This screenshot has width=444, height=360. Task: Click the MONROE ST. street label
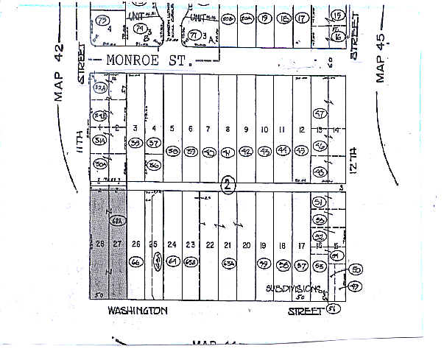click(147, 62)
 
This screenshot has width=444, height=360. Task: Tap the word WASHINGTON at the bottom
click(137, 311)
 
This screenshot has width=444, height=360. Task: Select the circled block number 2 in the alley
click(229, 186)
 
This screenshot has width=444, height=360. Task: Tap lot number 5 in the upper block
click(172, 130)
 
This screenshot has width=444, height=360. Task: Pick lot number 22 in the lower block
click(210, 244)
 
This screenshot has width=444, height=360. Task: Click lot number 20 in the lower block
click(247, 244)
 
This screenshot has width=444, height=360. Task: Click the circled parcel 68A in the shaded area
click(116, 220)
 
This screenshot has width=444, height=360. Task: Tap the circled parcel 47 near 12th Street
click(320, 114)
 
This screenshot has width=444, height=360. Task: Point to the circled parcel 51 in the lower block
click(320, 202)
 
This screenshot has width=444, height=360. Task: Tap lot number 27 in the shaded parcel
click(117, 244)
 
